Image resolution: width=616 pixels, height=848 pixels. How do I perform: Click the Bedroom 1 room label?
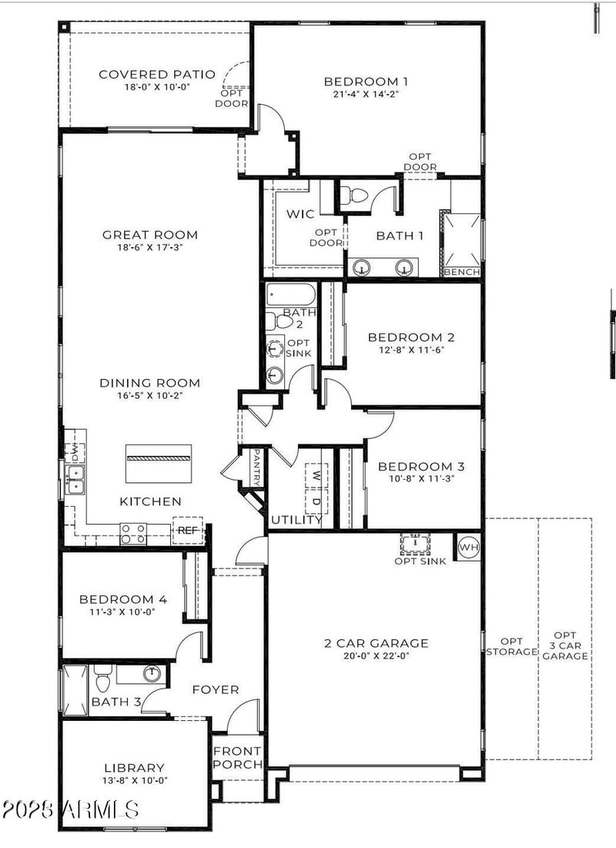pyautogui.click(x=366, y=81)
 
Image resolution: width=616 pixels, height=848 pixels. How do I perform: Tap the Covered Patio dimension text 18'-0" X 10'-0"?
pyautogui.click(x=144, y=87)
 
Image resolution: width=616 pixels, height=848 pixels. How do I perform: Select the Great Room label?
pyautogui.click(x=150, y=235)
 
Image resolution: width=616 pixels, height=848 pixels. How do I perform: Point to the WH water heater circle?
pyautogui.click(x=468, y=547)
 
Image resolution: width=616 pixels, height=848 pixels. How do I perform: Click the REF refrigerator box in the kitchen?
pyautogui.click(x=187, y=530)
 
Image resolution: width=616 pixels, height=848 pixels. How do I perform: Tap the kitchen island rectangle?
pyautogui.click(x=158, y=463)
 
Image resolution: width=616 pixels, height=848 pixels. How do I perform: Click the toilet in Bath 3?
pyautogui.click(x=103, y=680)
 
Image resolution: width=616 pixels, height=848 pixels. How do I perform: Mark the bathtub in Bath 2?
pyautogui.click(x=290, y=296)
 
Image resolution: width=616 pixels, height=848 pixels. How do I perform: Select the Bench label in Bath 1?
pyautogui.click(x=462, y=272)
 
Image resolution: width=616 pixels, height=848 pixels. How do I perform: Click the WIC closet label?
pyautogui.click(x=300, y=214)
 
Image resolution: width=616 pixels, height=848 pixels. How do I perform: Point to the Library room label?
pyautogui.click(x=135, y=767)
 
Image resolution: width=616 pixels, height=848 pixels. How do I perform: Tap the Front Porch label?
pyautogui.click(x=237, y=758)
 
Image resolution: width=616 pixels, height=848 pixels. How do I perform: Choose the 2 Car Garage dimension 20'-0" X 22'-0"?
pyautogui.click(x=376, y=656)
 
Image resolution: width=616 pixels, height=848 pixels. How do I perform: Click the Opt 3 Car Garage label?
pyautogui.click(x=571, y=645)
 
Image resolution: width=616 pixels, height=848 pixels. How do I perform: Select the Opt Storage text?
pyautogui.click(x=511, y=646)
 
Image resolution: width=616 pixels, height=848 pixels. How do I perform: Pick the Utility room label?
pyautogui.click(x=296, y=520)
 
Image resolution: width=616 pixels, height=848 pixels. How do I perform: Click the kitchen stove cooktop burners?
pyautogui.click(x=132, y=533)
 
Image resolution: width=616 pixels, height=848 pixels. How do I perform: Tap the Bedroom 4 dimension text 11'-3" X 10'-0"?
pyautogui.click(x=123, y=612)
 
